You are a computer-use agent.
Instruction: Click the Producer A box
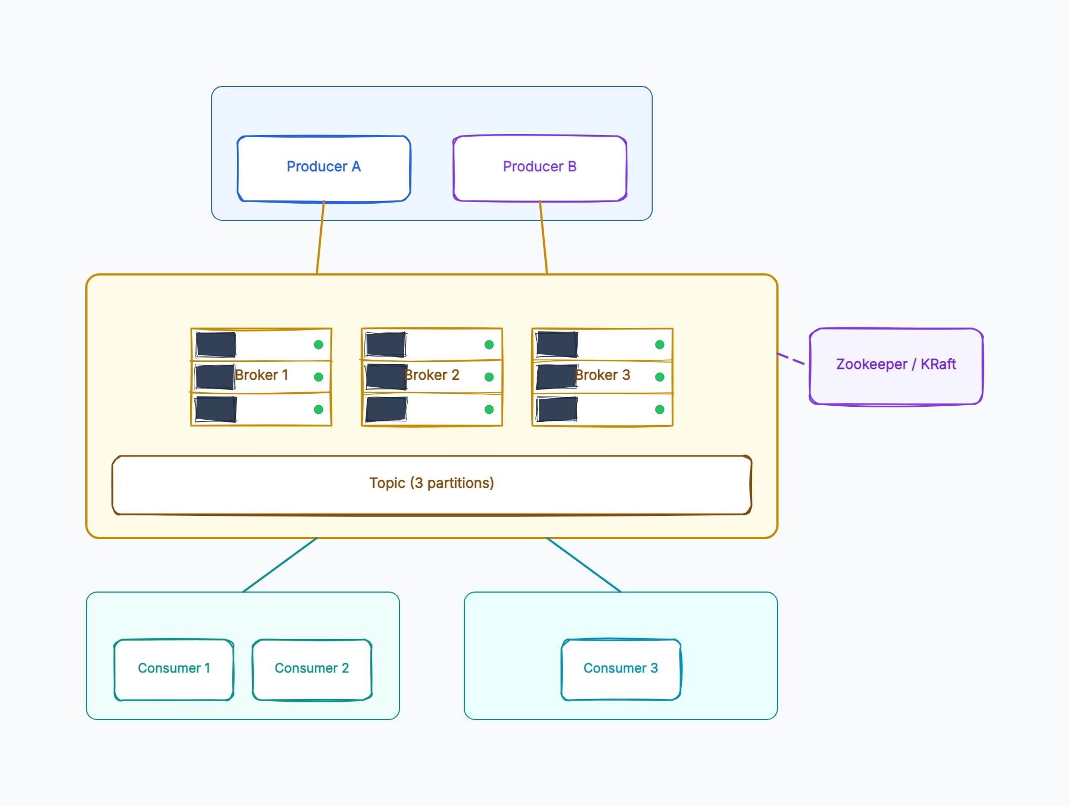coord(324,169)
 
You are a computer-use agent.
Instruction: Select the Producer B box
coord(540,169)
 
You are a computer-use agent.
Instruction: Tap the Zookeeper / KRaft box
coord(896,366)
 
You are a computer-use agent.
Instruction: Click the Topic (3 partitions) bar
coord(432,485)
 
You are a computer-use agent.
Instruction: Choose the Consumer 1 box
coord(174,670)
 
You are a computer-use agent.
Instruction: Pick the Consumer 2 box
coord(312,670)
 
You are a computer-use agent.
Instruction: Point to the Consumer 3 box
coord(621,670)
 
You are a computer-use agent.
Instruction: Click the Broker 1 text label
coord(262,375)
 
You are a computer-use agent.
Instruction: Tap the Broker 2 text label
coord(432,375)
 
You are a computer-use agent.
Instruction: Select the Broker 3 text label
coord(603,375)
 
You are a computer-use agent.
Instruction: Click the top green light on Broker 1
coord(319,345)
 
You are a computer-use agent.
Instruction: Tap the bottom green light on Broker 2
coord(489,409)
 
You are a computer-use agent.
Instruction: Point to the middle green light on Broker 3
coord(660,377)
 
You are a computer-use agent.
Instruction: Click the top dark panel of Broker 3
coord(557,345)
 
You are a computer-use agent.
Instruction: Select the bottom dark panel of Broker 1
coord(216,409)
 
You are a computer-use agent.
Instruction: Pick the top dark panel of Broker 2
coord(386,345)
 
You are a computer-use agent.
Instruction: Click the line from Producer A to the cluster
coord(321,238)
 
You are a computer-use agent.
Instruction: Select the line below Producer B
coord(543,238)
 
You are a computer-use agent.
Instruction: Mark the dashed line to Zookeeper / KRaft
coord(791,359)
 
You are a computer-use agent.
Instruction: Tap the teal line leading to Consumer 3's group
coord(584,565)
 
